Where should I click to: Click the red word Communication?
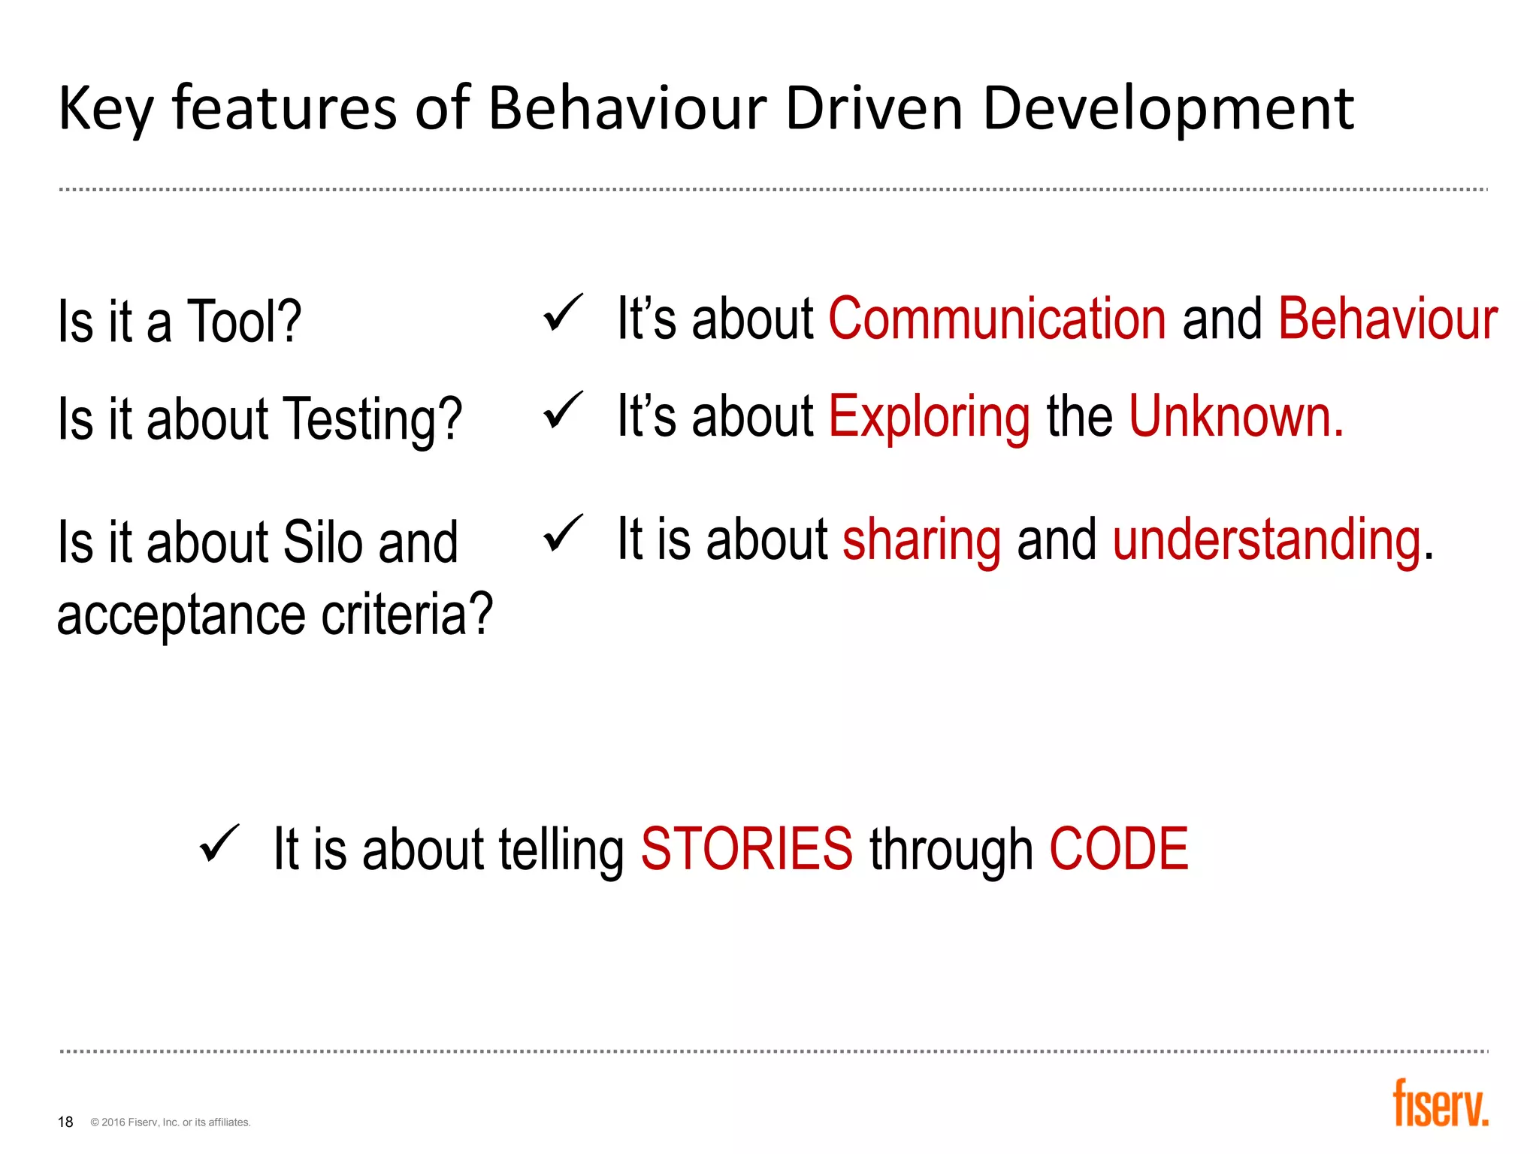pyautogui.click(x=997, y=319)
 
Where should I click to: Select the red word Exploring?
pyautogui.click(x=929, y=418)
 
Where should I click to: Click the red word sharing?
pyautogui.click(x=921, y=541)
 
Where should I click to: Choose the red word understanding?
pyautogui.click(x=1267, y=541)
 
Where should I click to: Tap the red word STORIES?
pyautogui.click(x=746, y=849)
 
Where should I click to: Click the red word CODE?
pyautogui.click(x=1118, y=849)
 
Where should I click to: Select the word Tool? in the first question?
pyautogui.click(x=243, y=322)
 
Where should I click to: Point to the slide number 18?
pyautogui.click(x=65, y=1122)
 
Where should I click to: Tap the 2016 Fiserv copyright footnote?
pyautogui.click(x=171, y=1122)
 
